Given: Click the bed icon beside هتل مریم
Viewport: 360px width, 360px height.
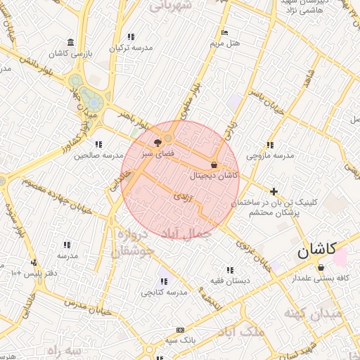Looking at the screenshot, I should click(x=224, y=33).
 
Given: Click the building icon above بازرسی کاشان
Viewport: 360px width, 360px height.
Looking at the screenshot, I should click(x=69, y=42).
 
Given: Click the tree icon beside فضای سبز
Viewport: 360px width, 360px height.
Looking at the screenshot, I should click(x=156, y=142).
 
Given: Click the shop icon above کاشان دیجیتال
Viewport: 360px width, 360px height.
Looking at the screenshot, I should click(x=214, y=165).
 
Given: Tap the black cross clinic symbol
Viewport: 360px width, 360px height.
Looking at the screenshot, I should click(x=274, y=191).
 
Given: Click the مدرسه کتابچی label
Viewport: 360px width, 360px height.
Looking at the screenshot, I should click(x=164, y=291).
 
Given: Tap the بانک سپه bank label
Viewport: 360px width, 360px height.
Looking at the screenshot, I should click(x=181, y=340).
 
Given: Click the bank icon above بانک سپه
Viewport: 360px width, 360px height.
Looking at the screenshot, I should click(x=181, y=330).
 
